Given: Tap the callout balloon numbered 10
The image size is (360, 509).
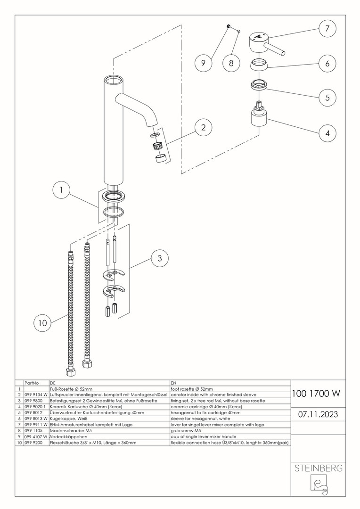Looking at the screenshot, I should (x=43, y=323).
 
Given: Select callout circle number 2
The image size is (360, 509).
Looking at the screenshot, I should (x=203, y=127).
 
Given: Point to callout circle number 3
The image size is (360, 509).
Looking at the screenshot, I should (x=160, y=258).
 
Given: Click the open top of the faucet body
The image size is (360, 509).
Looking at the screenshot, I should (x=114, y=80).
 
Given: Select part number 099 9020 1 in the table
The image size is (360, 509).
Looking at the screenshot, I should (x=36, y=406).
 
